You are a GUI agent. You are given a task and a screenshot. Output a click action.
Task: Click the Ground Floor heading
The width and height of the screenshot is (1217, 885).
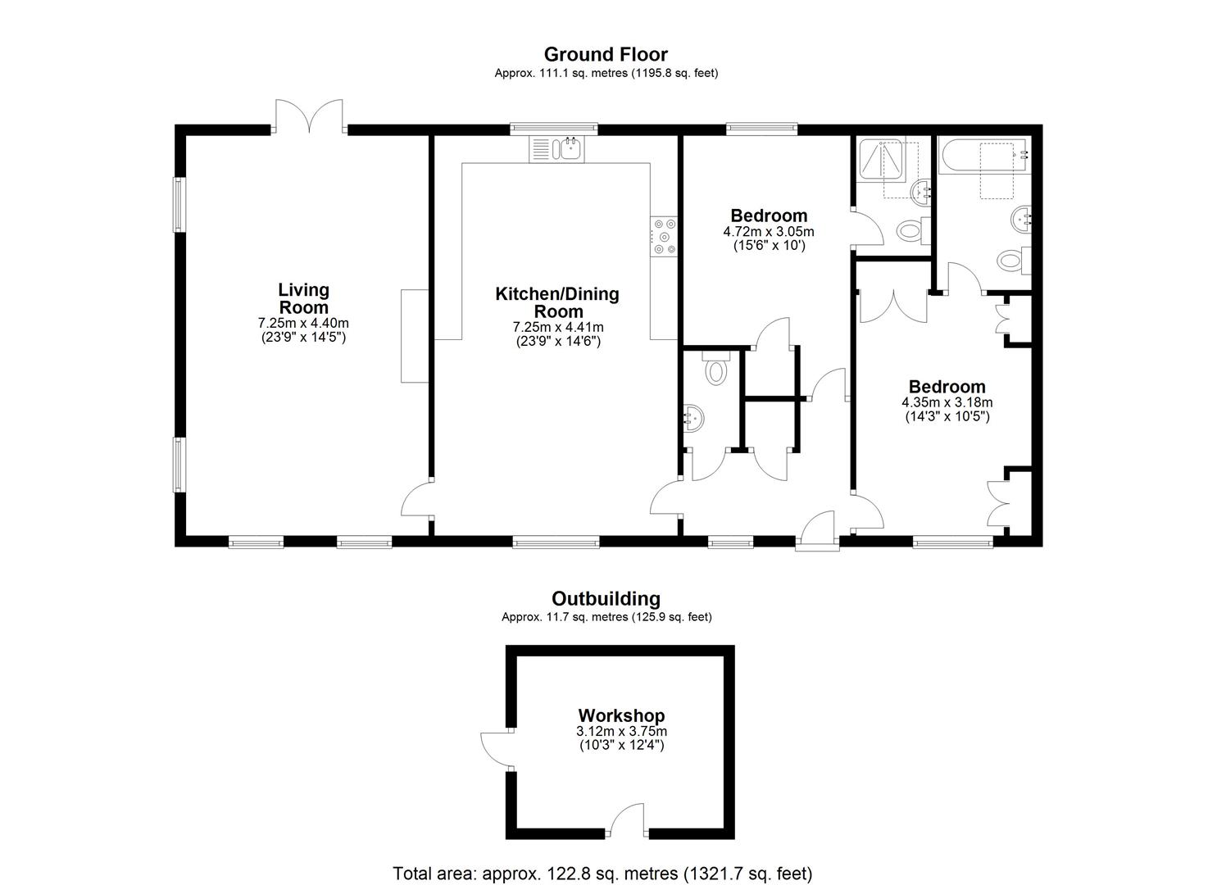click(606, 54)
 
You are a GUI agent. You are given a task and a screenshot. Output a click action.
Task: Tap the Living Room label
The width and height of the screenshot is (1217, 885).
click(303, 298)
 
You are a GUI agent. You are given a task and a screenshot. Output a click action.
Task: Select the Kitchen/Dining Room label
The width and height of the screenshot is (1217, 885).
click(557, 302)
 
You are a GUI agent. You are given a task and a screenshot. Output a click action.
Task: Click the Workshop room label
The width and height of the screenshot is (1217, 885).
click(621, 715)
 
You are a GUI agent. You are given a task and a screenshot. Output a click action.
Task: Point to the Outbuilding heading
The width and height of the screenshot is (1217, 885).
click(606, 598)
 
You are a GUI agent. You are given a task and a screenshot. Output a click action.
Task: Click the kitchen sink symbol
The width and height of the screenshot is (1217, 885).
click(556, 148)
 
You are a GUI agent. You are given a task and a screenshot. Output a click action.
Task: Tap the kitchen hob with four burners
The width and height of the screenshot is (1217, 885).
click(664, 236)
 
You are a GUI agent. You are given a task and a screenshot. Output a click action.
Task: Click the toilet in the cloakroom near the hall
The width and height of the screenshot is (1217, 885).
click(715, 371)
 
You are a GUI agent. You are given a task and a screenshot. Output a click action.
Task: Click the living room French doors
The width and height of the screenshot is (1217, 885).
click(309, 116)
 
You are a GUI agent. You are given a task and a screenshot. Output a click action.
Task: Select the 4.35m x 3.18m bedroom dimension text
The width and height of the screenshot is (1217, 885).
click(947, 402)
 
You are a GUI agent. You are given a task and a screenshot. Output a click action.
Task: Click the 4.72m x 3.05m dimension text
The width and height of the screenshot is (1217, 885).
click(768, 232)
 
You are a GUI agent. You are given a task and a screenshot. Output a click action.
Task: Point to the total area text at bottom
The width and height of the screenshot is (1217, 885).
click(602, 873)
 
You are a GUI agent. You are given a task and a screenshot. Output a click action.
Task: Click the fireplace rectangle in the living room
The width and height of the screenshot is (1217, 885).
click(413, 336)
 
